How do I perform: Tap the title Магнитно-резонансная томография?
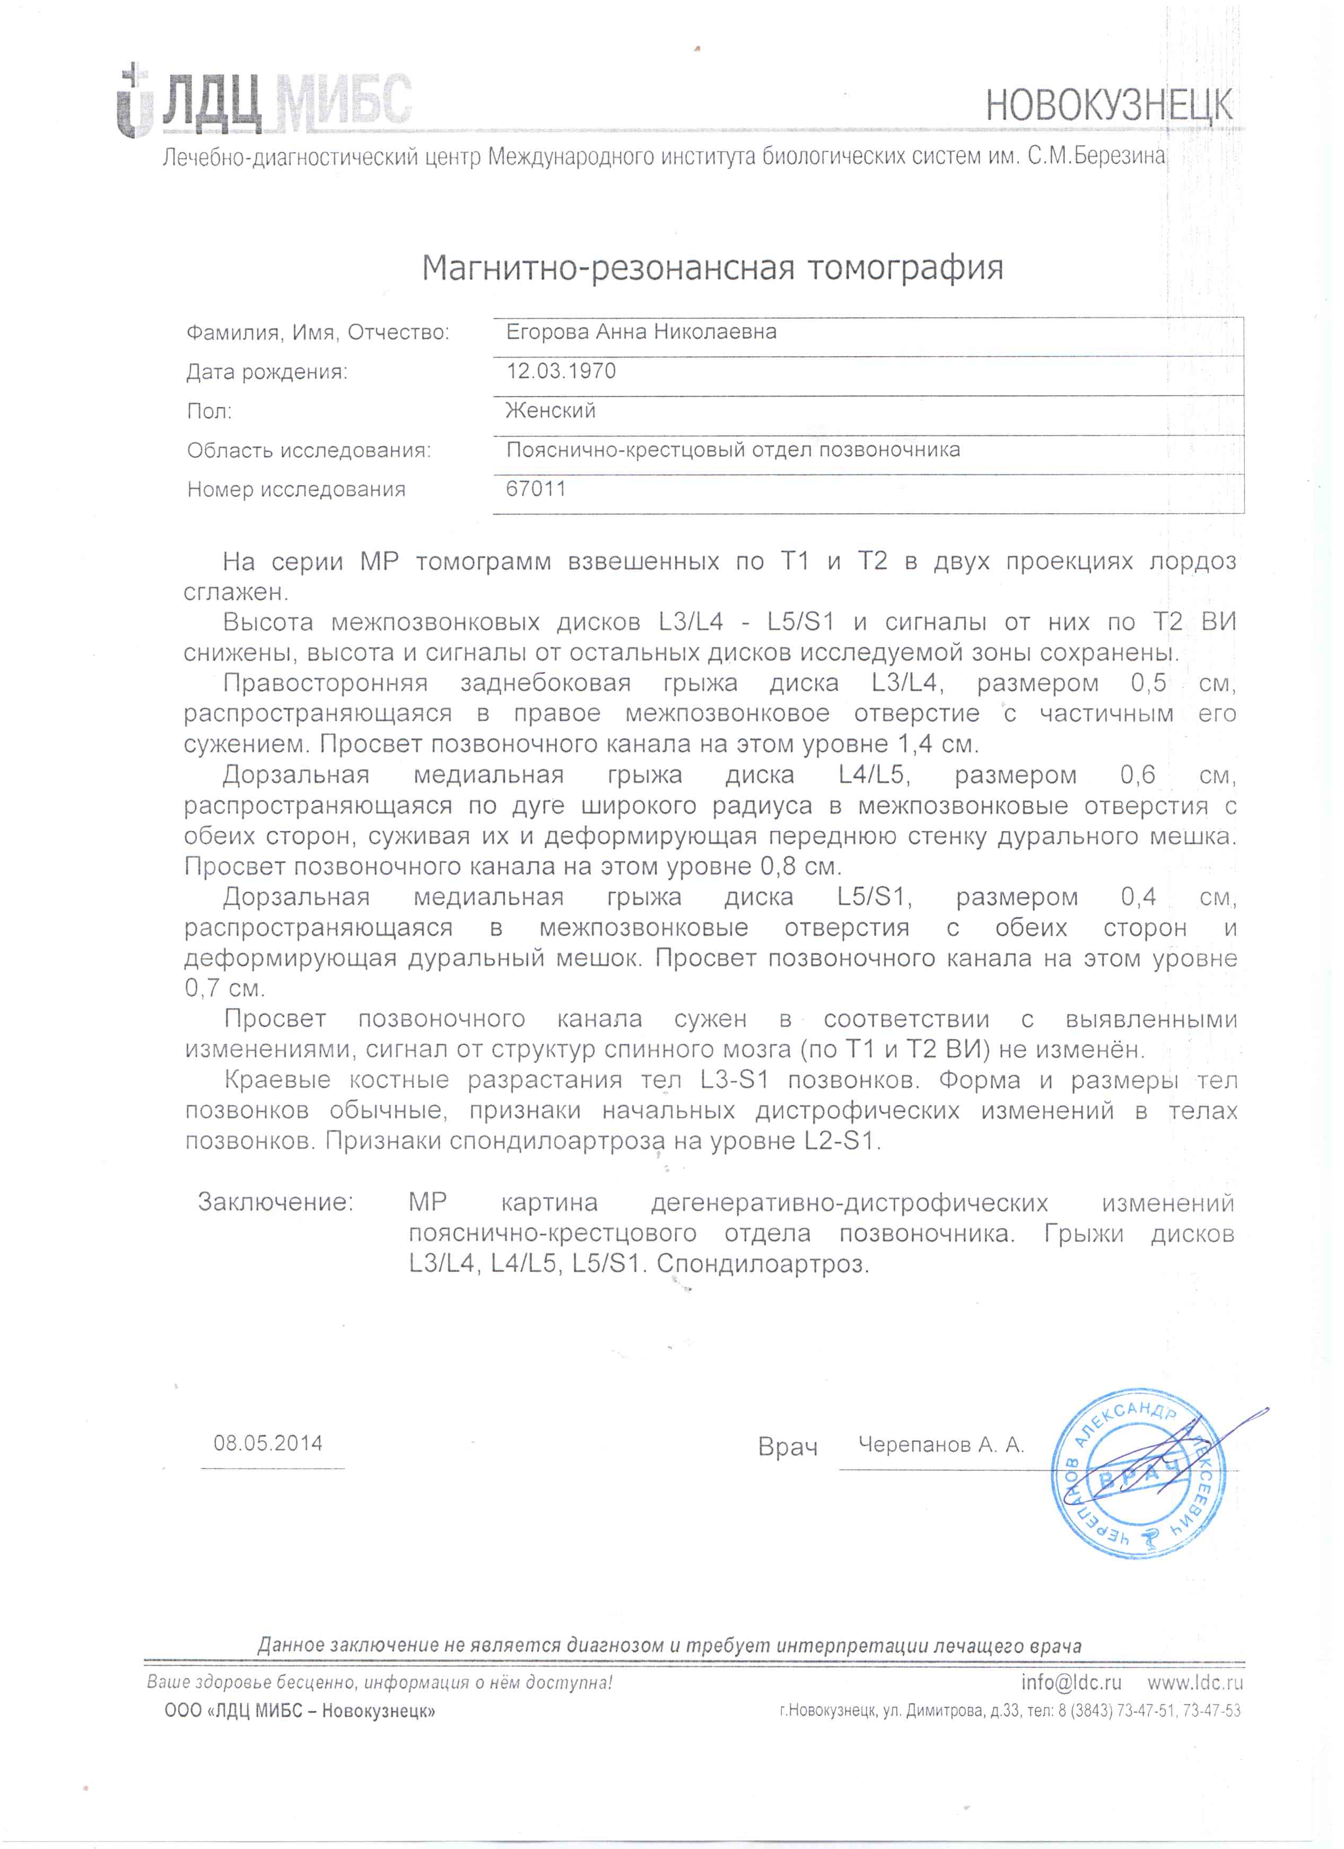click(x=712, y=267)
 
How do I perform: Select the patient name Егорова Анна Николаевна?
click(x=641, y=332)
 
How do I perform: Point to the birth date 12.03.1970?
click(x=561, y=371)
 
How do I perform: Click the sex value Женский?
click(x=551, y=410)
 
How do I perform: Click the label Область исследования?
click(x=308, y=450)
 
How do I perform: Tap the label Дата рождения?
click(x=267, y=373)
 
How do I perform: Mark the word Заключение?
click(x=276, y=1202)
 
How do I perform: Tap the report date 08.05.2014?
click(x=268, y=1443)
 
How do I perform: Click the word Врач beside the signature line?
click(x=787, y=1447)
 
